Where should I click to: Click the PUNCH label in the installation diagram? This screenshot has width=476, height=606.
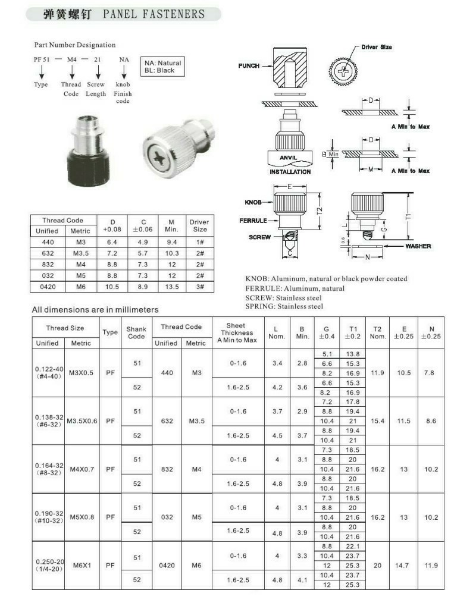pos(249,65)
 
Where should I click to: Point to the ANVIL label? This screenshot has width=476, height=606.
pos(288,158)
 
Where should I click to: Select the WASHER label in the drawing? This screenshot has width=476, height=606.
pos(418,246)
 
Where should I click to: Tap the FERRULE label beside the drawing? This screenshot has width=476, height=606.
pos(253,220)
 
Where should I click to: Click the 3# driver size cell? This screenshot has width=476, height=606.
pos(199,287)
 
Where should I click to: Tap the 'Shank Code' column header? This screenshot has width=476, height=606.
pos(137,332)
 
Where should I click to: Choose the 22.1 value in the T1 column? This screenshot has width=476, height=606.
pos(353,546)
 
